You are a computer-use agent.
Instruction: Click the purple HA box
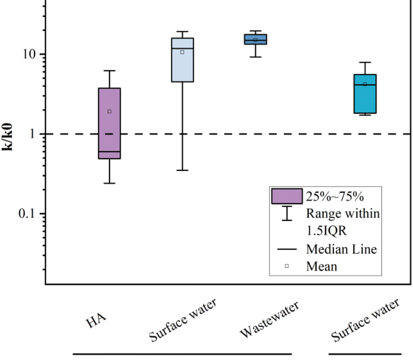click(109, 130)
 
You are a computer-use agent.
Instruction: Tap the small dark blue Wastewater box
click(255, 39)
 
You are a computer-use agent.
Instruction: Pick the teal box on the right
click(364, 100)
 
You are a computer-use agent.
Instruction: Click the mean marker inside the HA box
click(109, 111)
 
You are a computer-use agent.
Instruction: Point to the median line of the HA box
click(109, 151)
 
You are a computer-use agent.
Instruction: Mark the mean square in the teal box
click(364, 84)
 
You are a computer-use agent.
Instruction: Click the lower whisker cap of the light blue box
click(182, 170)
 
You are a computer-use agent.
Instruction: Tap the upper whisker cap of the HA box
click(109, 70)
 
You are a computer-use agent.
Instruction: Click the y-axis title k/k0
click(9, 134)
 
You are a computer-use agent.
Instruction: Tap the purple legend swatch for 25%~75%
click(286, 196)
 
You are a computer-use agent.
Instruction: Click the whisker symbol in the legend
click(286, 213)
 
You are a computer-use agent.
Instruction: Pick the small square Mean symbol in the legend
click(286, 266)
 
